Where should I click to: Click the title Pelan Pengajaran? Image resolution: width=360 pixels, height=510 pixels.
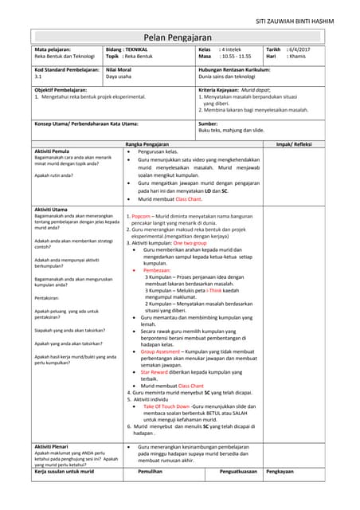tap(179, 37)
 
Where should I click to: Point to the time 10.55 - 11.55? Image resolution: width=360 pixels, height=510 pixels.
tap(235, 57)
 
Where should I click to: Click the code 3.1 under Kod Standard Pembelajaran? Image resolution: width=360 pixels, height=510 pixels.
tap(38, 78)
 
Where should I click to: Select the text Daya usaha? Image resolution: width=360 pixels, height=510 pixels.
tap(119, 78)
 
